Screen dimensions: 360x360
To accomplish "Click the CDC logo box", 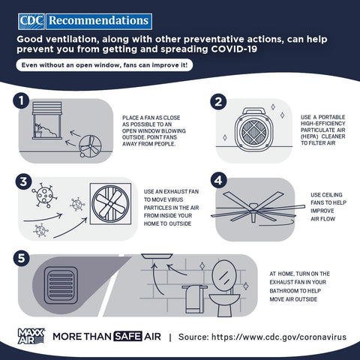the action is pos(31,22).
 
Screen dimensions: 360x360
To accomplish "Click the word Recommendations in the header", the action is pos(99,21).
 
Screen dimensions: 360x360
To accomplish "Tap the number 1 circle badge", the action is pos(21,100).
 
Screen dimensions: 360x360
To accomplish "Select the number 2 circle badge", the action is pos(218,101).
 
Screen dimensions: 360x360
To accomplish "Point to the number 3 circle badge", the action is pos(23,181).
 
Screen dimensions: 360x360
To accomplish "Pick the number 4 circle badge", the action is pos(219,180).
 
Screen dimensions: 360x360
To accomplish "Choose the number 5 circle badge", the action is pos(22,258).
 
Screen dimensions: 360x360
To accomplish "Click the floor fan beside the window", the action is pos(90,146).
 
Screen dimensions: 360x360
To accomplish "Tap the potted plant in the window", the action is pos(38,130).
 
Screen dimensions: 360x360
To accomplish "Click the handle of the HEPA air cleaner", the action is pos(254,111).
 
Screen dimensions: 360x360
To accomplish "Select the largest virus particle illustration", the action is pos(44,195).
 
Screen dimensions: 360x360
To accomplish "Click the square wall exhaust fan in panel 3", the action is pos(110,204).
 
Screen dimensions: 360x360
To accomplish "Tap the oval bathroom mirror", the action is pos(224,276).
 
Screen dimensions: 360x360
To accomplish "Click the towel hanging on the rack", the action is pos(194,299).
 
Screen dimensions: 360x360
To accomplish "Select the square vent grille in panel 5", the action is pos(61,285).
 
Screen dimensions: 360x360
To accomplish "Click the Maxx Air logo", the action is pos(31,336).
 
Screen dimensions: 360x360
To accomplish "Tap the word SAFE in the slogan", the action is pos(127,337).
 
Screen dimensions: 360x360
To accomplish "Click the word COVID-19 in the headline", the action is pos(234,49).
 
